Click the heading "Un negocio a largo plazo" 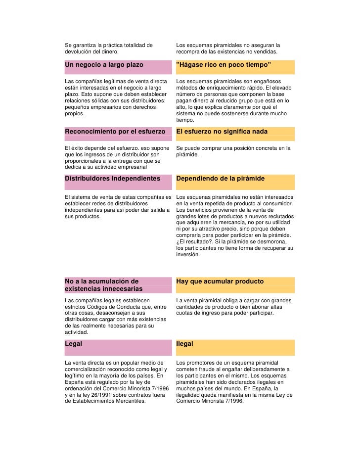coord(104,65)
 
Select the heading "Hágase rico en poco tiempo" coord(224,65)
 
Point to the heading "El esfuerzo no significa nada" coord(222,132)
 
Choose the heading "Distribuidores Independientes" coord(112,178)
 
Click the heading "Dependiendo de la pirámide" coord(220,178)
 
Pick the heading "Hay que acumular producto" coord(220,281)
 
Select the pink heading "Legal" coord(73,343)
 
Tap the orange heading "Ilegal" coord(184,343)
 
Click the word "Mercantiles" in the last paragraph coord(131,401)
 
